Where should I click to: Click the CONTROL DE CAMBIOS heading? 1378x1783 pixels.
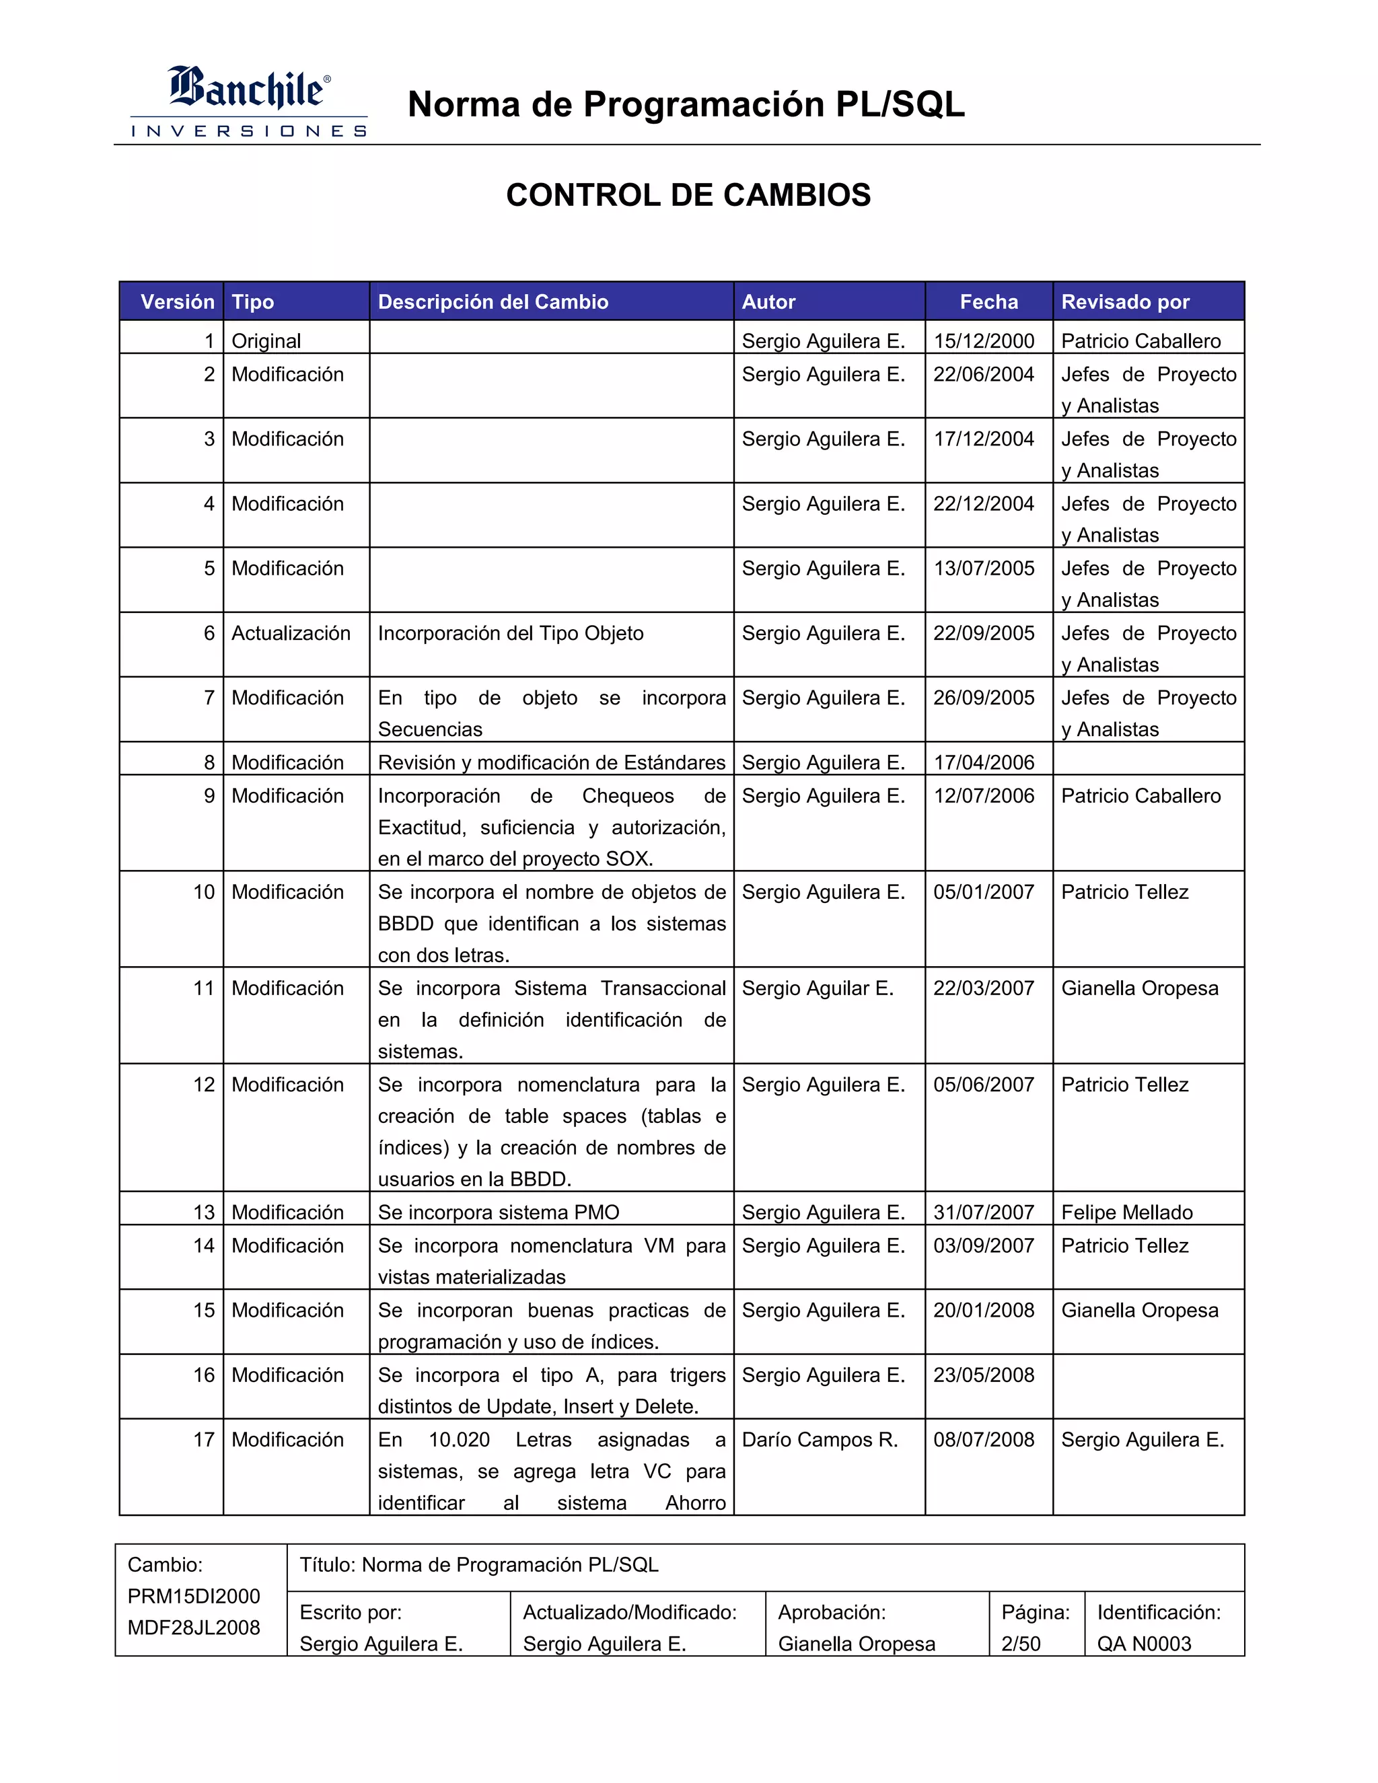pos(688,195)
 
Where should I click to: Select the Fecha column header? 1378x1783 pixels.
pos(988,302)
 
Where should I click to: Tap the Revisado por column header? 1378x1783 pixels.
pos(1125,302)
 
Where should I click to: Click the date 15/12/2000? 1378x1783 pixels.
pos(984,341)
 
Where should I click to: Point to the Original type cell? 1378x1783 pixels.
pos(266,341)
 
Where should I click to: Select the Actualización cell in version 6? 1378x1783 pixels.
pos(291,634)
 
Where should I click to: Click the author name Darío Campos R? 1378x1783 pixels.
pos(820,1440)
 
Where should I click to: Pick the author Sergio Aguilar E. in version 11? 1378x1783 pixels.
pos(817,988)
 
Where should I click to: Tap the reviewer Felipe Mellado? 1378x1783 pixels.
pos(1126,1212)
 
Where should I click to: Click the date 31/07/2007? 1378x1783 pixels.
pos(984,1212)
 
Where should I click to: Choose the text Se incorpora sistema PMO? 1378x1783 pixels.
pos(499,1212)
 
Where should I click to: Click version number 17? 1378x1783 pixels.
pos(204,1440)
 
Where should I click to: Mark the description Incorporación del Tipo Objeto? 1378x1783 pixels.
pos(510,634)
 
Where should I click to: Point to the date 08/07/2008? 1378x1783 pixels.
pos(984,1440)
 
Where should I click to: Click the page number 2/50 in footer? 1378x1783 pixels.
pos(1021,1644)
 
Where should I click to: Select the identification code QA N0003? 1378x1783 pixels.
pos(1144,1644)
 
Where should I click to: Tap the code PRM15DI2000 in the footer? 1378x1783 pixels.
pos(194,1597)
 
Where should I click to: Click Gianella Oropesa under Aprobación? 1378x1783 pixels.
pos(857,1644)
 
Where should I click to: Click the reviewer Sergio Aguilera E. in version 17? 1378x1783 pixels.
pos(1142,1440)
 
